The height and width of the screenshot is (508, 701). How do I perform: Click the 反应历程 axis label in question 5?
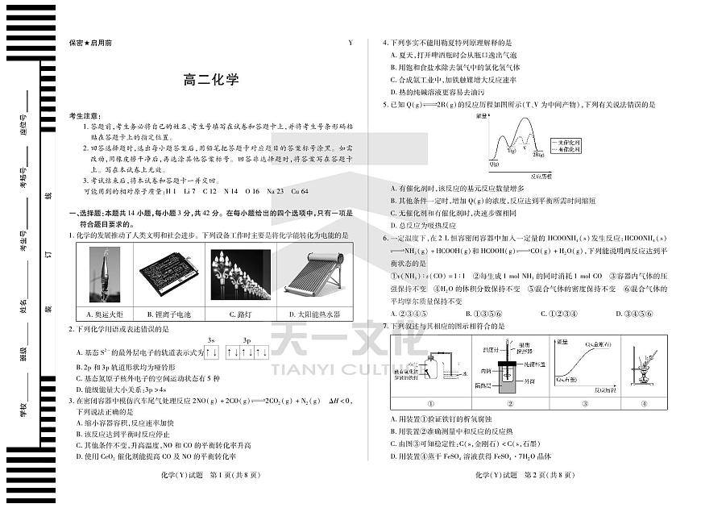pyautogui.click(x=540, y=174)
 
